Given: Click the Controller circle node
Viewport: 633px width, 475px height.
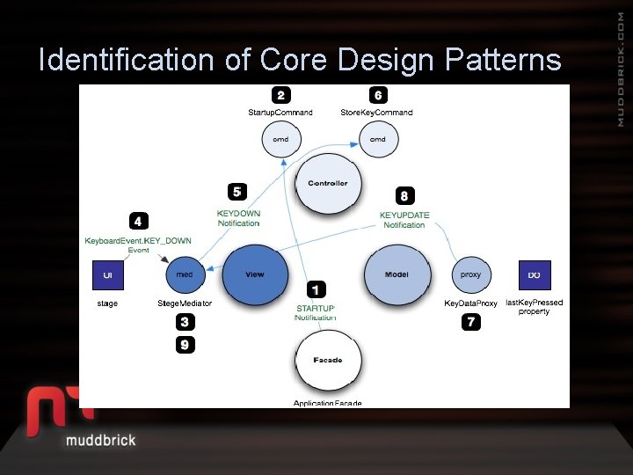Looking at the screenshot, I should pyautogui.click(x=328, y=184).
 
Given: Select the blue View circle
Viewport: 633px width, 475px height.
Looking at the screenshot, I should pyautogui.click(x=255, y=274).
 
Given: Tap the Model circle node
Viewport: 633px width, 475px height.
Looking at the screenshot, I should pyautogui.click(x=397, y=274).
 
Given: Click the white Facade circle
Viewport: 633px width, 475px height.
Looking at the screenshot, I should pyautogui.click(x=327, y=360).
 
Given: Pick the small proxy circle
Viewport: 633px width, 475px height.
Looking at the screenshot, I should pyautogui.click(x=471, y=274).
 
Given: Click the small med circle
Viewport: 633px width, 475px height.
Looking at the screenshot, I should pyautogui.click(x=185, y=274).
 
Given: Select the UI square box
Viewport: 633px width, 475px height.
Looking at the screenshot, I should pyautogui.click(x=108, y=274).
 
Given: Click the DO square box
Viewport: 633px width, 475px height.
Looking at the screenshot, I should pyautogui.click(x=534, y=274).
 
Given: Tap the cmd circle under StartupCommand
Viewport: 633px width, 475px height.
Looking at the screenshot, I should pyautogui.click(x=280, y=139).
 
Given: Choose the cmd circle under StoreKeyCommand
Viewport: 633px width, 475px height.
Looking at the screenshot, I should pyautogui.click(x=377, y=139).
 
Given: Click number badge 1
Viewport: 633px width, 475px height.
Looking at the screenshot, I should pyautogui.click(x=316, y=289).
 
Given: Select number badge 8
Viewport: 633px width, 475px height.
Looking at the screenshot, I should pyautogui.click(x=404, y=195).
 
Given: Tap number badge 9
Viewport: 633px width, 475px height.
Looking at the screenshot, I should pyautogui.click(x=184, y=345).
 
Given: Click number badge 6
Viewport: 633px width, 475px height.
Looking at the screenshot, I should pyautogui.click(x=377, y=95).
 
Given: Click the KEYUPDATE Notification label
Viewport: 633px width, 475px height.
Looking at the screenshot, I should pyautogui.click(x=404, y=220).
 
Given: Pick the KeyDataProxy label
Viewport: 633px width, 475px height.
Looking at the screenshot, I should pyautogui.click(x=471, y=303).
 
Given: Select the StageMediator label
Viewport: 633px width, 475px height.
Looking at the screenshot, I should pyautogui.click(x=185, y=303).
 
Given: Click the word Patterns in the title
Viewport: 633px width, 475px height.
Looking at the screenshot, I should pyautogui.click(x=503, y=60).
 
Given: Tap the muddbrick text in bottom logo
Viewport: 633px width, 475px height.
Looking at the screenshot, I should pyautogui.click(x=101, y=439).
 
